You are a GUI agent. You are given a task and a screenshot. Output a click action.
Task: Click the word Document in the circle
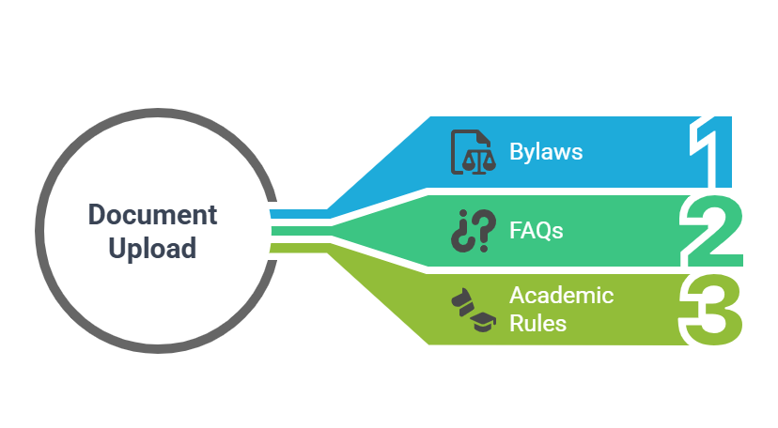pyautogui.click(x=152, y=214)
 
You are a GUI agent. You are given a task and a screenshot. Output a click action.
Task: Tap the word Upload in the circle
pyautogui.click(x=152, y=249)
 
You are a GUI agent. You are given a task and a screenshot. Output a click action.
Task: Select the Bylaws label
pyautogui.click(x=546, y=151)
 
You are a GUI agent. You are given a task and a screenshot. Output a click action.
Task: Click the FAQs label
pyautogui.click(x=537, y=229)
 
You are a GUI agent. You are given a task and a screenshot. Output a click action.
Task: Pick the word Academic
pyautogui.click(x=561, y=296)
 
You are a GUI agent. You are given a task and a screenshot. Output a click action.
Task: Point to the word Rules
pyautogui.click(x=537, y=324)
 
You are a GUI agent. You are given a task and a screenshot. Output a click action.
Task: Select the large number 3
pyautogui.click(x=713, y=309)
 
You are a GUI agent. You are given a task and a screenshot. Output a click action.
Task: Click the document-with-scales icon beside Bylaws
pyautogui.click(x=473, y=152)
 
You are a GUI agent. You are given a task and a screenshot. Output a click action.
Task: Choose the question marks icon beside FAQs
pyautogui.click(x=473, y=231)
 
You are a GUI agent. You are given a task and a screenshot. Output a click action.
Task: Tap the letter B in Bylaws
pyautogui.click(x=516, y=151)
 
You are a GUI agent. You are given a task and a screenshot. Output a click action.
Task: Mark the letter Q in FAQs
pyautogui.click(x=543, y=229)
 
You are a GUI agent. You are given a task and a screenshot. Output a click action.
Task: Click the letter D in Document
pyautogui.click(x=95, y=214)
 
